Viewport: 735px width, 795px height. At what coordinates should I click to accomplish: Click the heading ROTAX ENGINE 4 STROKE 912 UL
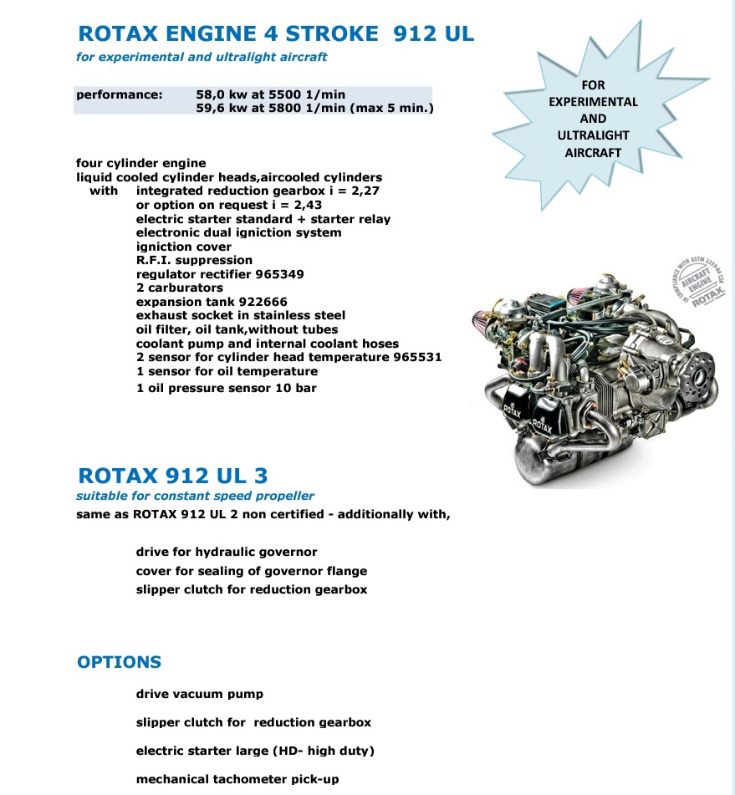tap(275, 33)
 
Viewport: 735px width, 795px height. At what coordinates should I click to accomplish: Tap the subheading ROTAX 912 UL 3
tap(173, 476)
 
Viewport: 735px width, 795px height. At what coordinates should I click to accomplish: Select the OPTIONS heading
tap(119, 662)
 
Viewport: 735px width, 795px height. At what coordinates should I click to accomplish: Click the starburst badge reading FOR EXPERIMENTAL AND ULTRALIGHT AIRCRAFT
tap(593, 118)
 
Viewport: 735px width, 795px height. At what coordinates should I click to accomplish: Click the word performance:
tap(119, 94)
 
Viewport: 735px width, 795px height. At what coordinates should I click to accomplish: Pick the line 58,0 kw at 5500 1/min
tap(270, 94)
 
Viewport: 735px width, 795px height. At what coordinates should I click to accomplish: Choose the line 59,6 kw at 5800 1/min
tap(314, 108)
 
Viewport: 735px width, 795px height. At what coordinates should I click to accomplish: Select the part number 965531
tap(413, 357)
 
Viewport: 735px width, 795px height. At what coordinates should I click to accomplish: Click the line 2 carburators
tap(180, 288)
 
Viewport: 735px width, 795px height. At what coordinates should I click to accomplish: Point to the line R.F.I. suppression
tap(194, 260)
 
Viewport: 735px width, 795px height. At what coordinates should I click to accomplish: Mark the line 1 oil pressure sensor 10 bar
tap(226, 388)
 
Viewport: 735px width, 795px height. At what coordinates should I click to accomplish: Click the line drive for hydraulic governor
tap(227, 553)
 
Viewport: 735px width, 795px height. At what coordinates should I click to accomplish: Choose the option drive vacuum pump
tap(200, 694)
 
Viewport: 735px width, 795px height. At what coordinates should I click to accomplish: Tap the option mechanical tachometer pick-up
tap(237, 779)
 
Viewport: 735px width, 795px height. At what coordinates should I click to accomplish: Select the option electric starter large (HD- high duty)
tap(255, 751)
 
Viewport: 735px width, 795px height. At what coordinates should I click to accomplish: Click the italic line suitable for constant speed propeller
tap(195, 496)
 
